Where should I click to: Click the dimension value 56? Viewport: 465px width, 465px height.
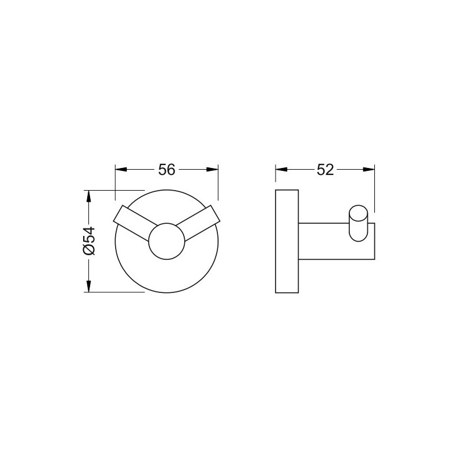pyautogui.click(x=167, y=170)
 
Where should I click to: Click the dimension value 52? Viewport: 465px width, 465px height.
pyautogui.click(x=325, y=170)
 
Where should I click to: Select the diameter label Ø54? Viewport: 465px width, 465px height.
pyautogui.click(x=89, y=241)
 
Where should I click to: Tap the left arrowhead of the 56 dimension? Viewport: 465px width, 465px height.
pyautogui.click(x=121, y=169)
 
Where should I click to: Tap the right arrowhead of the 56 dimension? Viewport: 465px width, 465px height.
pyautogui.click(x=212, y=169)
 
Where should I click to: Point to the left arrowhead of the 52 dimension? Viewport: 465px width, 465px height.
pyautogui.click(x=281, y=169)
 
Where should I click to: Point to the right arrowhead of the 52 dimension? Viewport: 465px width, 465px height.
pyautogui.click(x=369, y=169)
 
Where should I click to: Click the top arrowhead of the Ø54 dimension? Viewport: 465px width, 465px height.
pyautogui.click(x=88, y=196)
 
